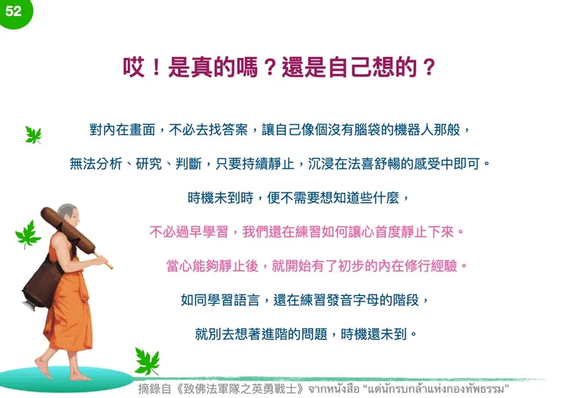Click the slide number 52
click(x=13, y=11)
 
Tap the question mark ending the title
click(x=429, y=68)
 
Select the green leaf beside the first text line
click(x=33, y=135)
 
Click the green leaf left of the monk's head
click(x=28, y=234)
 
